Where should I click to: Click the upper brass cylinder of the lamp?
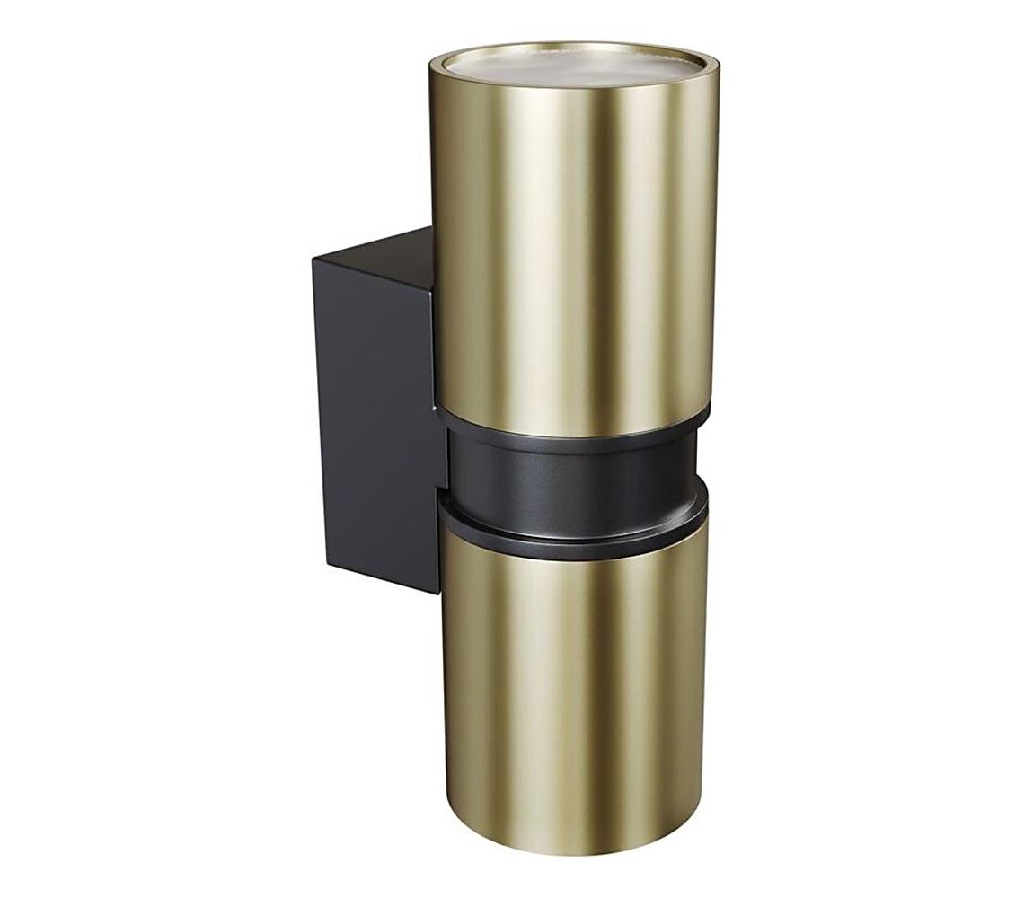(x=575, y=251)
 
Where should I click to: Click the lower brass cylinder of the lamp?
(x=575, y=682)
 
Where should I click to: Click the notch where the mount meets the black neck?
(x=442, y=489)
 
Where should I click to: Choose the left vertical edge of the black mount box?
(x=320, y=413)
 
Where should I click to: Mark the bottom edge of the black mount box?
(x=382, y=578)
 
